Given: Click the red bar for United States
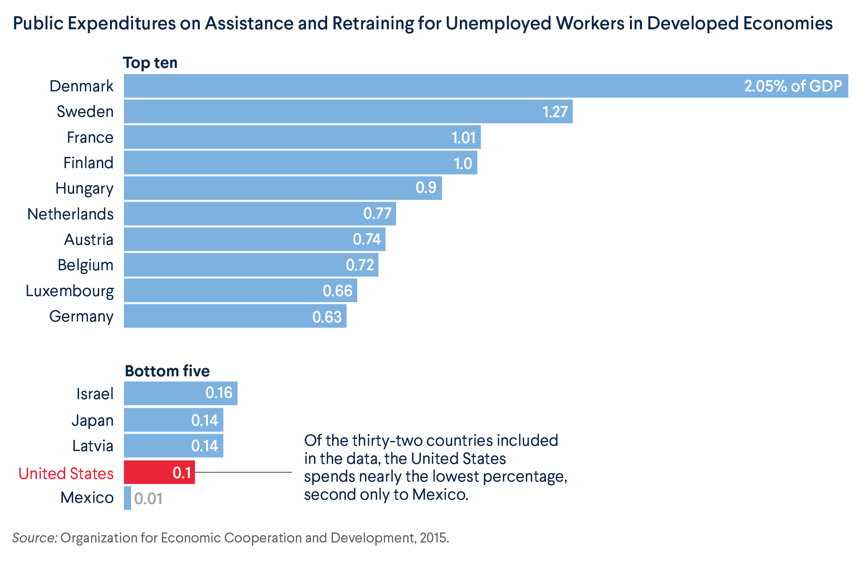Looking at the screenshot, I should [x=159, y=472].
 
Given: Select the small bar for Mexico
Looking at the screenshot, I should [x=127, y=498].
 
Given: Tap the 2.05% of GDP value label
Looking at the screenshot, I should [x=793, y=86].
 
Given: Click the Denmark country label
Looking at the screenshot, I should [x=81, y=86].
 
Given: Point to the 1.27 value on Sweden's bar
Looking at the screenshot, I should [x=555, y=112].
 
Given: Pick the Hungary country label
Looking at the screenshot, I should [x=84, y=189].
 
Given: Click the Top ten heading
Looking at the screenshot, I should [x=150, y=62].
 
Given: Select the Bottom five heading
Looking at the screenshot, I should [x=167, y=371].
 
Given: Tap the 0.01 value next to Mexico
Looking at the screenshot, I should [x=148, y=499].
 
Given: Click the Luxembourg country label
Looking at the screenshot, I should [x=69, y=291].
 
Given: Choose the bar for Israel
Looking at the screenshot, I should [x=180, y=393].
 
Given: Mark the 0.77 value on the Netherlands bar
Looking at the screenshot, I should [x=377, y=213].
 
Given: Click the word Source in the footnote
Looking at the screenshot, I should [x=35, y=537].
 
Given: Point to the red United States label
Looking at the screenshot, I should [x=66, y=473].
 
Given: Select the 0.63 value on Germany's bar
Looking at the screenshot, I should [x=327, y=317].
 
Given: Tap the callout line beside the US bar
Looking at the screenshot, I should [x=243, y=472].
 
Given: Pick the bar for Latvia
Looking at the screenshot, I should [x=173, y=446].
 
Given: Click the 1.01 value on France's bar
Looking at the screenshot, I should [x=463, y=138].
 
